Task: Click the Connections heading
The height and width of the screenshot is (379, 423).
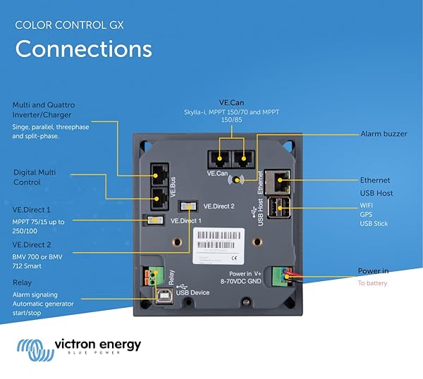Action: click(83, 49)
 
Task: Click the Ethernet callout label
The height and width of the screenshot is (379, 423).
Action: click(374, 180)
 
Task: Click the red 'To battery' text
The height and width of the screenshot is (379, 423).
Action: click(372, 283)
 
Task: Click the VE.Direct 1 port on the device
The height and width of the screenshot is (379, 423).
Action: click(153, 220)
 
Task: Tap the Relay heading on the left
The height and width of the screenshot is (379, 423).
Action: click(22, 282)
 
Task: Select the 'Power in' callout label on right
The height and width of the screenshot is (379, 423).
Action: click(373, 271)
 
